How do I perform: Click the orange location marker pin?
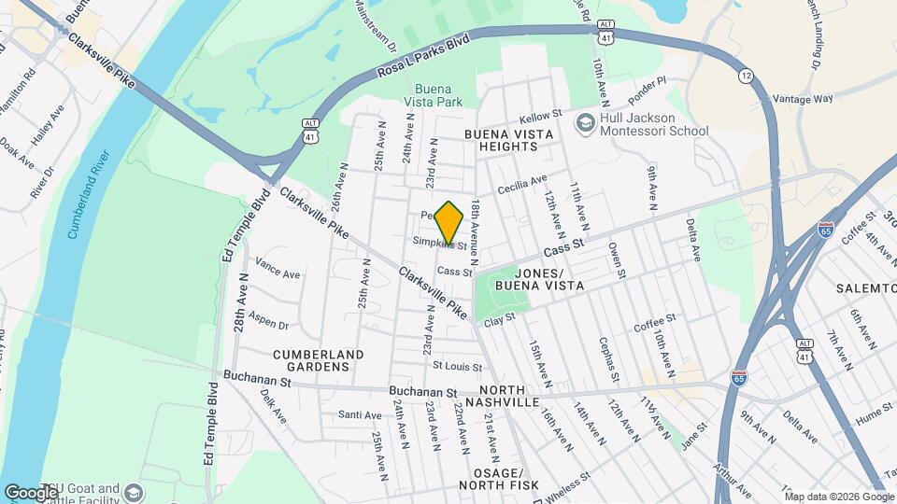pyautogui.click(x=449, y=222)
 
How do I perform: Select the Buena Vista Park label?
pyautogui.click(x=433, y=95)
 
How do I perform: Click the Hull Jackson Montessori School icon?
pyautogui.click(x=586, y=123)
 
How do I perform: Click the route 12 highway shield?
pyautogui.click(x=745, y=74)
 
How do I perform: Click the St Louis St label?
pyautogui.click(x=455, y=366)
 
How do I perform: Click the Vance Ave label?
pyautogui.click(x=278, y=274)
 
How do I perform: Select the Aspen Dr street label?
pyautogui.click(x=270, y=324)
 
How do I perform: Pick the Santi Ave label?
pyautogui.click(x=360, y=414)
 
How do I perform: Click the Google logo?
pyautogui.click(x=31, y=492)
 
